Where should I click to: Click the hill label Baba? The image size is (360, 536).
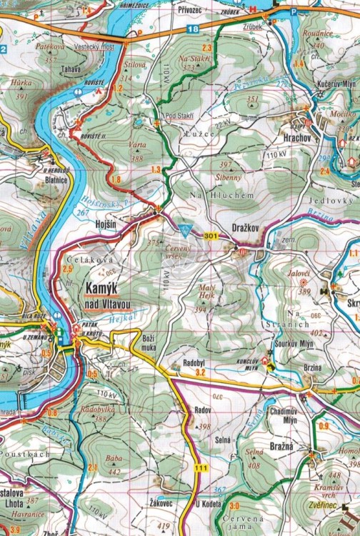coord(113,459)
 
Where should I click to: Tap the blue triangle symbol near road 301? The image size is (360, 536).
coord(188,230)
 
